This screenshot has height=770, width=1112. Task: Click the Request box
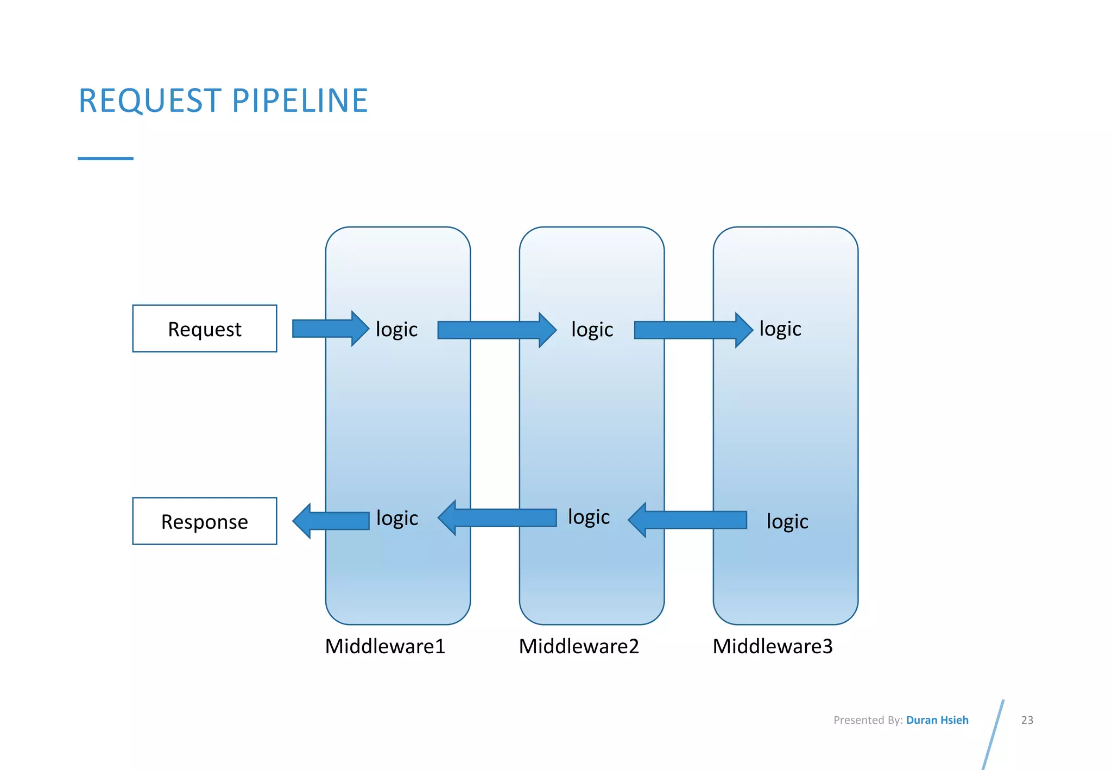click(205, 329)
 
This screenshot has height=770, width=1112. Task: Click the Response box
click(205, 521)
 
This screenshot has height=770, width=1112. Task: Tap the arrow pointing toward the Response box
click(331, 521)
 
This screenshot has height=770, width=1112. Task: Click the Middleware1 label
click(385, 646)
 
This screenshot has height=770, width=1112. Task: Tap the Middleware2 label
click(579, 646)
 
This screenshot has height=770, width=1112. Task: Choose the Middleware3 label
click(772, 646)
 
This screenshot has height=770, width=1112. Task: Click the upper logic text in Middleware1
click(396, 330)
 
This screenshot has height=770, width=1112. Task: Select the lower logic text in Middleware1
click(397, 519)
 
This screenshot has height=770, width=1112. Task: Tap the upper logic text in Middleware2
click(592, 330)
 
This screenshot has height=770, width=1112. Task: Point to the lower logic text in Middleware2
click(589, 517)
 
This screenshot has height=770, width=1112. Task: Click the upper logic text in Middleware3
click(780, 329)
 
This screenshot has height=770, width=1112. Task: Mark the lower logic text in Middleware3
click(787, 522)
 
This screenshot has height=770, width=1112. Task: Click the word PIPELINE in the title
click(300, 101)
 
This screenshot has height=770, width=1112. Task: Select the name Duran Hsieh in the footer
click(937, 720)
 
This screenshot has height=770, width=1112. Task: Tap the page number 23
click(1027, 720)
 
